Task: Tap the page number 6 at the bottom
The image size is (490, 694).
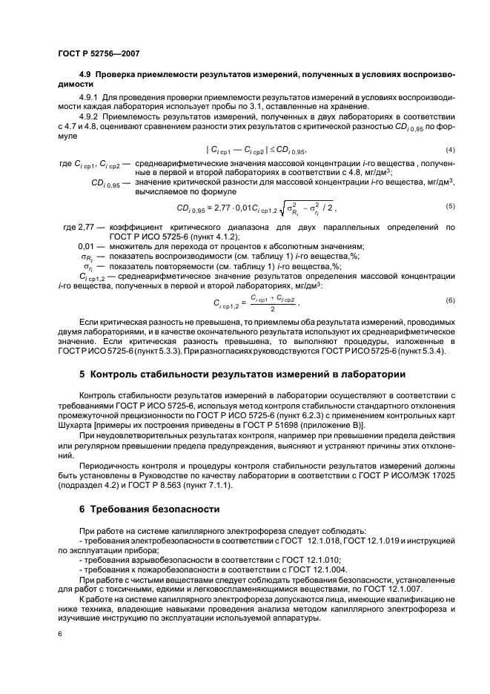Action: coord(59,635)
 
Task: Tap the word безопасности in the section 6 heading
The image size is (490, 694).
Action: coord(182,509)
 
